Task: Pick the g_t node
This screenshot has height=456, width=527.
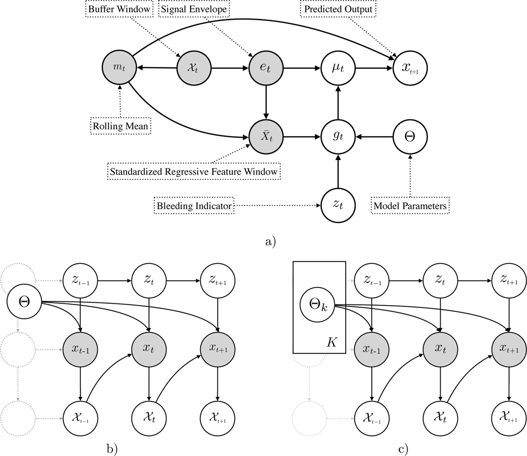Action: point(338,136)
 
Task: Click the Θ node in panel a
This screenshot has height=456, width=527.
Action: point(410,136)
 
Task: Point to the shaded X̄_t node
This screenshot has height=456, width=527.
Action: point(266,136)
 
